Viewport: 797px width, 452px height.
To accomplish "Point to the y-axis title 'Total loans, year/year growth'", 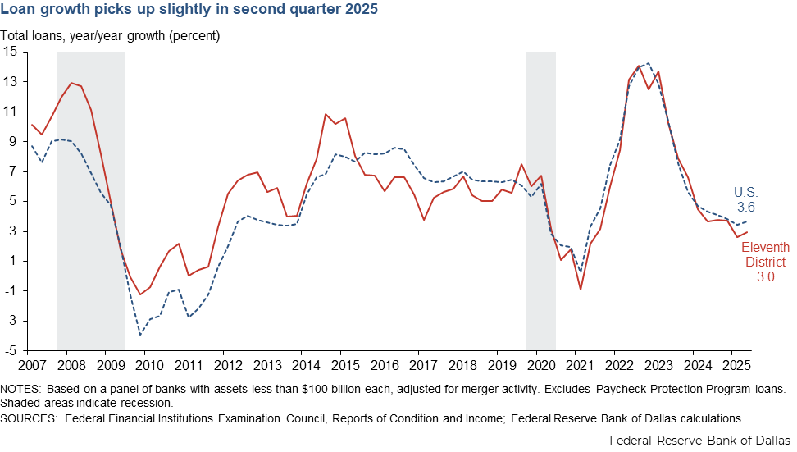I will pos(110,36).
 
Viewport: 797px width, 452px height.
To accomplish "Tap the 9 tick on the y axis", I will pos(13,141).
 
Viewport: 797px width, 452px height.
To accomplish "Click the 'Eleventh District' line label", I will pos(765,254).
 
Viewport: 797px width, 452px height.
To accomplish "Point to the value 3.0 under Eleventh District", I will pos(764,277).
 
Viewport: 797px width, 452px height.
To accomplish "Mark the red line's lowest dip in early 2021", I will pos(581,290).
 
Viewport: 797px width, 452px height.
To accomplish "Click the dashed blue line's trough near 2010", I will pos(141,335).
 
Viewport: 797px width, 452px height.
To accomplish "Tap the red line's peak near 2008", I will pos(71,83).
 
